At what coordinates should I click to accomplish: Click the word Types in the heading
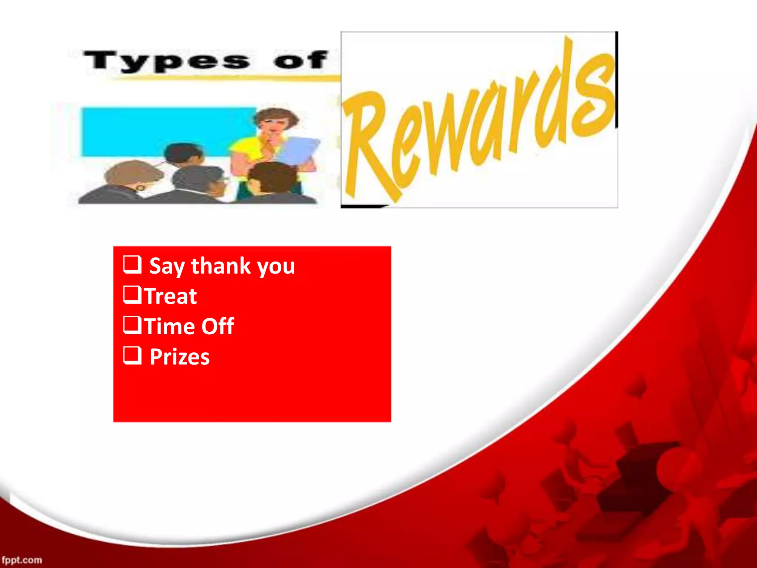pos(167,61)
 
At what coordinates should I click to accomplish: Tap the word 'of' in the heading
pos(300,60)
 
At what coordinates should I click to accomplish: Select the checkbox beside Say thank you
pos(132,264)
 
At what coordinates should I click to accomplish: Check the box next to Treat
pos(132,295)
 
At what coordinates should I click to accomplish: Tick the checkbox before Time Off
pos(132,325)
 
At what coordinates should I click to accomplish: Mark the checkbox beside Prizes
pos(132,355)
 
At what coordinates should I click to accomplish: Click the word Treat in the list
pos(171,296)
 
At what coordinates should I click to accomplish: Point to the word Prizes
pos(180,357)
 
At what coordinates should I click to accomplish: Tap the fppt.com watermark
pos(22,560)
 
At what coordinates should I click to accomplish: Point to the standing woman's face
pos(274,124)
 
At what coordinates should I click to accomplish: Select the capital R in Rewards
pos(366,148)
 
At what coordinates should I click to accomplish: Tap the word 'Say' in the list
pos(167,267)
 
